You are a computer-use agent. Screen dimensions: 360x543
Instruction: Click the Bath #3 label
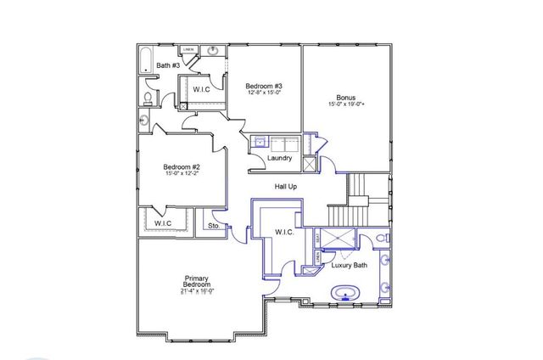pos(168,65)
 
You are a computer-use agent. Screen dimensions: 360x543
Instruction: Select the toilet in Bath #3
pos(147,99)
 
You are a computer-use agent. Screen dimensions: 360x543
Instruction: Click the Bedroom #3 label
pos(264,86)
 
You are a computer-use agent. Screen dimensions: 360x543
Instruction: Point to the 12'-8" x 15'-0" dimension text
pos(264,93)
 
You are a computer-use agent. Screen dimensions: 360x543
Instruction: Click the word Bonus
pos(344,98)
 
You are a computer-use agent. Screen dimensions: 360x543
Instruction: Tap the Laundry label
pos(279,159)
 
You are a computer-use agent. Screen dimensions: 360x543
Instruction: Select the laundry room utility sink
pos(259,143)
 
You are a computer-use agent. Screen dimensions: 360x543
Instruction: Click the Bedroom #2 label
pos(182,167)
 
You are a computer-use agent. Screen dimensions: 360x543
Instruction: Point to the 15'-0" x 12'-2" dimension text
pos(182,175)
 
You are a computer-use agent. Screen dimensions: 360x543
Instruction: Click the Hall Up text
pos(286,186)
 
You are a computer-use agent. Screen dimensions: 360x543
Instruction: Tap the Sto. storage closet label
pos(214,227)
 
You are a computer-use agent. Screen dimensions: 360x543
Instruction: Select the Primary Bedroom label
pos(197,283)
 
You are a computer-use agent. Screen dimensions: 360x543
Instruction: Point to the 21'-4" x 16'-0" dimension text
pos(197,291)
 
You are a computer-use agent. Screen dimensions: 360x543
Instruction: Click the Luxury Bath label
pos(350,266)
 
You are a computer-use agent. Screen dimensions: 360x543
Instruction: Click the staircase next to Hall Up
pos(361,188)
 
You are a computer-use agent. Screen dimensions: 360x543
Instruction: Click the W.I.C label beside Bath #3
pos(202,89)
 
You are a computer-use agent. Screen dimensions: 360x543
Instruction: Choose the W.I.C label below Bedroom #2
pos(163,224)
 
